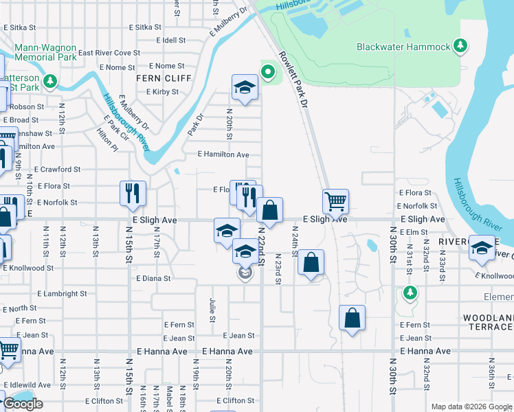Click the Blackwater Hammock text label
pos(403,47)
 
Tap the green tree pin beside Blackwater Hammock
pos(461,47)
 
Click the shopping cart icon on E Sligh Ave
pos(335,201)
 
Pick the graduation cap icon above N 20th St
pos(245,87)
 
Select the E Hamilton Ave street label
pos(223,155)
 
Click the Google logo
pos(23,404)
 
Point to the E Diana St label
pos(153,279)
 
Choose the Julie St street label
pos(212,310)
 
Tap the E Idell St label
pos(171,41)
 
